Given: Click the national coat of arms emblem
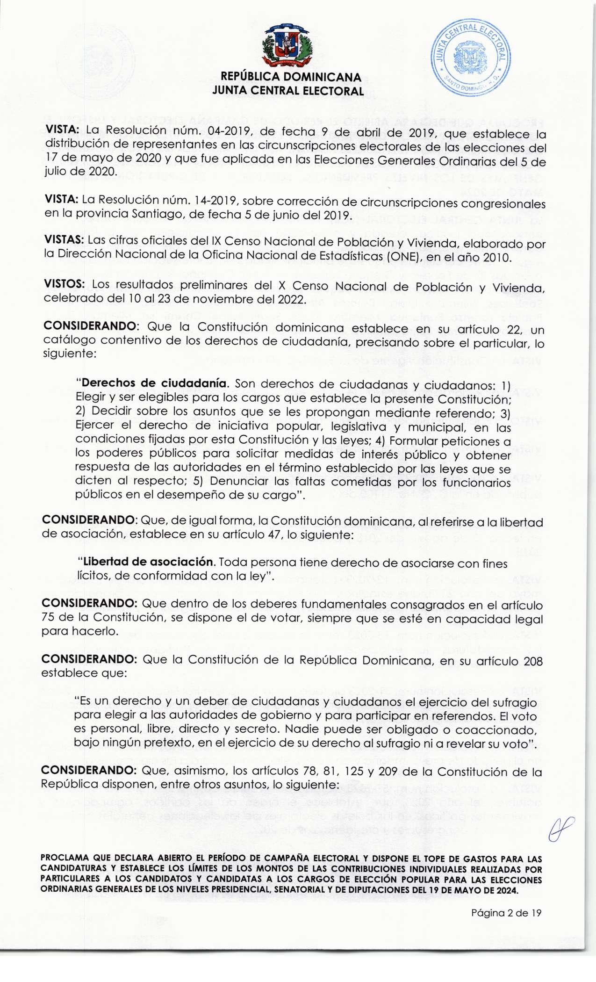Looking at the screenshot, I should pyautogui.click(x=287, y=45).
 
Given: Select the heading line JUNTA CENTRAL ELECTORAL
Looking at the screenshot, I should pyautogui.click(x=287, y=91).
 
